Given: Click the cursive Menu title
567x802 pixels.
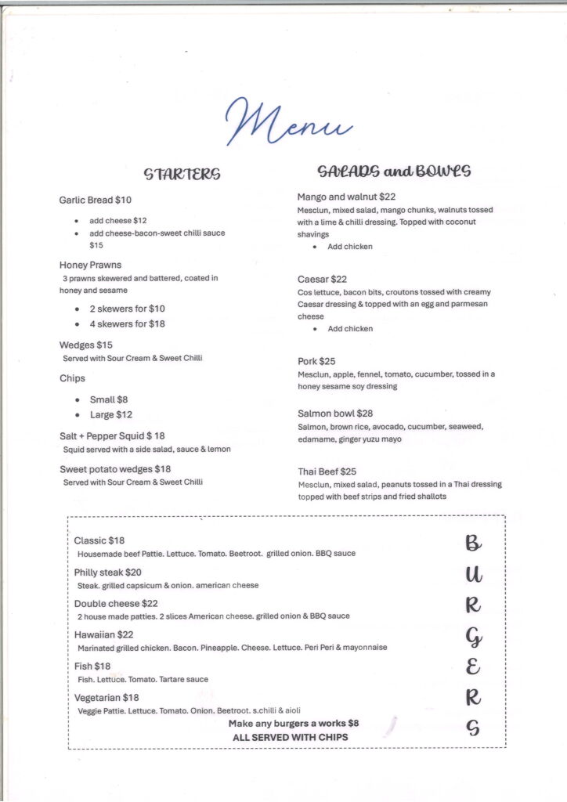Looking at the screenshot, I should [x=289, y=121].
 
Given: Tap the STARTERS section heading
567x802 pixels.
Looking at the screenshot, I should [x=182, y=173].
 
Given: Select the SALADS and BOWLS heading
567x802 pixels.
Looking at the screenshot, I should [x=394, y=171].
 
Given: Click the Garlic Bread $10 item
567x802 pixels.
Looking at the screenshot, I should [x=96, y=200].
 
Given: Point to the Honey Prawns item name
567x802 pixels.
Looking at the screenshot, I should [x=91, y=265].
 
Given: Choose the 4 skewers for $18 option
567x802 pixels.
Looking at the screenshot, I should [x=127, y=324].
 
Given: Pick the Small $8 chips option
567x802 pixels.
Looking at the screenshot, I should [x=109, y=399].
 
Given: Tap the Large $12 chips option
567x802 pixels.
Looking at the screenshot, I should [x=111, y=415].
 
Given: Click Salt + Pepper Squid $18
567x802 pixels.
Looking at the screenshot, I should [x=112, y=435].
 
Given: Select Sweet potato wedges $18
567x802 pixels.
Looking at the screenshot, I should [x=115, y=469].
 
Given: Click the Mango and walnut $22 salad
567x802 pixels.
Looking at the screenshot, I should [x=346, y=197].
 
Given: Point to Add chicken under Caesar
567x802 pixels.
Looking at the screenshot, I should [x=350, y=329].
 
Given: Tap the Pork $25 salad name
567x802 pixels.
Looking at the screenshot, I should [x=316, y=362].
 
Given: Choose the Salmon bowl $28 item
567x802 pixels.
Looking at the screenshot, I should [x=335, y=414].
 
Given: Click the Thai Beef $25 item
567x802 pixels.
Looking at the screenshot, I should [x=327, y=471].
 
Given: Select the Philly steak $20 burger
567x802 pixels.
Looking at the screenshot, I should [x=108, y=573].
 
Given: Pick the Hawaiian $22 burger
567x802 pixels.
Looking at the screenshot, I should [x=104, y=635].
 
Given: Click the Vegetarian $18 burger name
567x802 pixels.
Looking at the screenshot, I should [x=107, y=698].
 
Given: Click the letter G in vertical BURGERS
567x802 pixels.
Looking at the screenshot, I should [x=473, y=638].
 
